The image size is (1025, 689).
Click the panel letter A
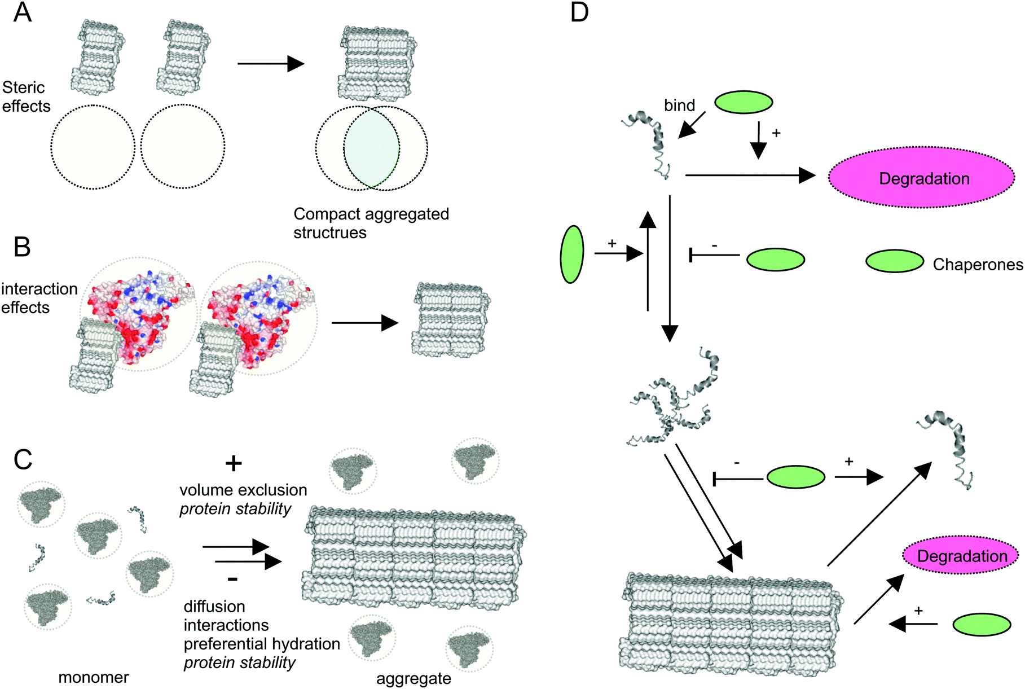click(22, 12)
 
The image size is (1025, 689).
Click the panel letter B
click(21, 247)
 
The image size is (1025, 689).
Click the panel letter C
click(23, 460)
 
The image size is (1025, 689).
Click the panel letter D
click(579, 12)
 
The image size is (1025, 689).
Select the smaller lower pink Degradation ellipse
click(961, 555)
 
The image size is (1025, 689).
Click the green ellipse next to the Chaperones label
click(895, 261)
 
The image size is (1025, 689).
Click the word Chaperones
click(978, 265)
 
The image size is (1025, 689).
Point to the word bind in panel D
click(679, 106)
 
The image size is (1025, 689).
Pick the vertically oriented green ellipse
click(571, 254)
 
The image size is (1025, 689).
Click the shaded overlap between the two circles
click(371, 148)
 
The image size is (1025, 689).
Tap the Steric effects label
click(25, 96)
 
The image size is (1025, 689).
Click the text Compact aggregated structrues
click(371, 223)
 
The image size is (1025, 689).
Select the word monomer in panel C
click(94, 677)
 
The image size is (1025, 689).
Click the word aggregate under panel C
click(413, 678)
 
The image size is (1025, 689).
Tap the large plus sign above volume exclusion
click(234, 464)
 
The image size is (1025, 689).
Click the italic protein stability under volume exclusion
click(235, 509)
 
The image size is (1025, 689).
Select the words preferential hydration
click(262, 644)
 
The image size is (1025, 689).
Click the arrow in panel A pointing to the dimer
click(271, 64)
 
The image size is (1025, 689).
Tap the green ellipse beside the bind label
click(744, 102)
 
